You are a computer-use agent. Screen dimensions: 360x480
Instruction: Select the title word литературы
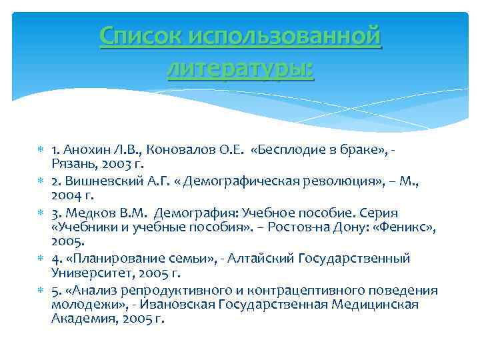(x=240, y=68)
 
